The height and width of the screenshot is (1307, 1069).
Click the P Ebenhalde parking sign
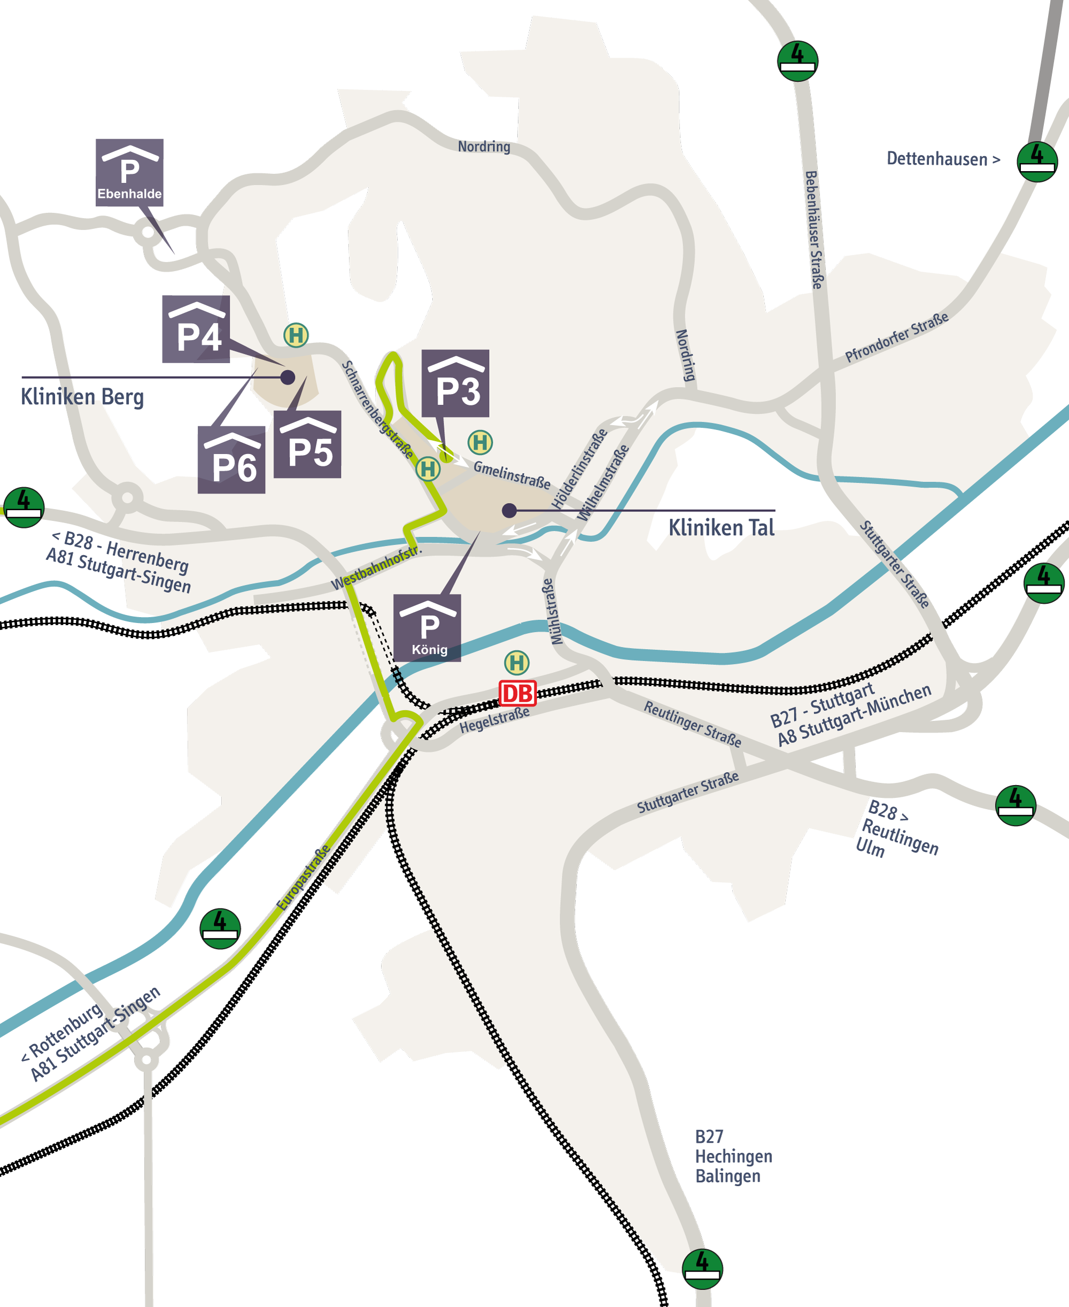(x=129, y=172)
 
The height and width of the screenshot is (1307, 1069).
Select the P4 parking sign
(x=196, y=329)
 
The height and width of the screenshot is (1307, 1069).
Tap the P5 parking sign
(x=307, y=444)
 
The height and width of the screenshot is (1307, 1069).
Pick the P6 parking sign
(x=231, y=459)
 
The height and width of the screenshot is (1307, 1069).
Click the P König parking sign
(x=428, y=628)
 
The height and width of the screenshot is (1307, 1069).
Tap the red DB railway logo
(x=517, y=693)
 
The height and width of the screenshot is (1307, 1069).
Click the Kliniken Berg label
(x=82, y=397)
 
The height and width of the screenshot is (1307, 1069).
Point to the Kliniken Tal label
(x=721, y=528)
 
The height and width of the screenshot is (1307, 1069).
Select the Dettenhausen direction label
(x=943, y=159)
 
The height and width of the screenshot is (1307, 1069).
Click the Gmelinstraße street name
(x=512, y=475)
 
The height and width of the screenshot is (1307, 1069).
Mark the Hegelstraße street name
(x=494, y=720)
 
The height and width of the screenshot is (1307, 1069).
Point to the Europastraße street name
(x=304, y=877)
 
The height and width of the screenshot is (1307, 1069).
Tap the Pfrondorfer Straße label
(x=896, y=337)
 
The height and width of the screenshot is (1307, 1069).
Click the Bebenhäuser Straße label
(x=814, y=230)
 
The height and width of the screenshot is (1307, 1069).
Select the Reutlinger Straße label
(x=692, y=724)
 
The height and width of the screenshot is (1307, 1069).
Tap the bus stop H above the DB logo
(x=517, y=663)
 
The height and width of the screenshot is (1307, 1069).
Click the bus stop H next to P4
(x=296, y=335)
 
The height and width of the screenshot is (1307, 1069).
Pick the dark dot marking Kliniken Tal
(x=509, y=510)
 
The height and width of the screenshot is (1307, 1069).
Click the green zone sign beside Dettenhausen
(x=1037, y=162)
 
